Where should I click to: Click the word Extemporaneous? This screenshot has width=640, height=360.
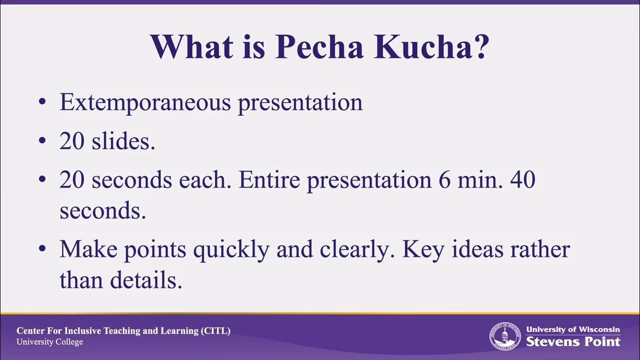[145, 102]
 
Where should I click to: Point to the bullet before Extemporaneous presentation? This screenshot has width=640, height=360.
[42, 102]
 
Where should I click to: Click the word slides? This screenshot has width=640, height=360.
[123, 141]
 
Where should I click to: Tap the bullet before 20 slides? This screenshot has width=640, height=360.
[42, 142]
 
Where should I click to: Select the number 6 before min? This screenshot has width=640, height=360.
[444, 180]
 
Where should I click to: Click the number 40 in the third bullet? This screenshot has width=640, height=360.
[522, 180]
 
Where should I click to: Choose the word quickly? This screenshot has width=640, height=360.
[230, 249]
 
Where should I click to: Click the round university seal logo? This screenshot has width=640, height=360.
[504, 336]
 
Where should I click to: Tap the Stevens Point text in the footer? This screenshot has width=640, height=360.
[573, 342]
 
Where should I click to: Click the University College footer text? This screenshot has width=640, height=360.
[49, 342]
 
